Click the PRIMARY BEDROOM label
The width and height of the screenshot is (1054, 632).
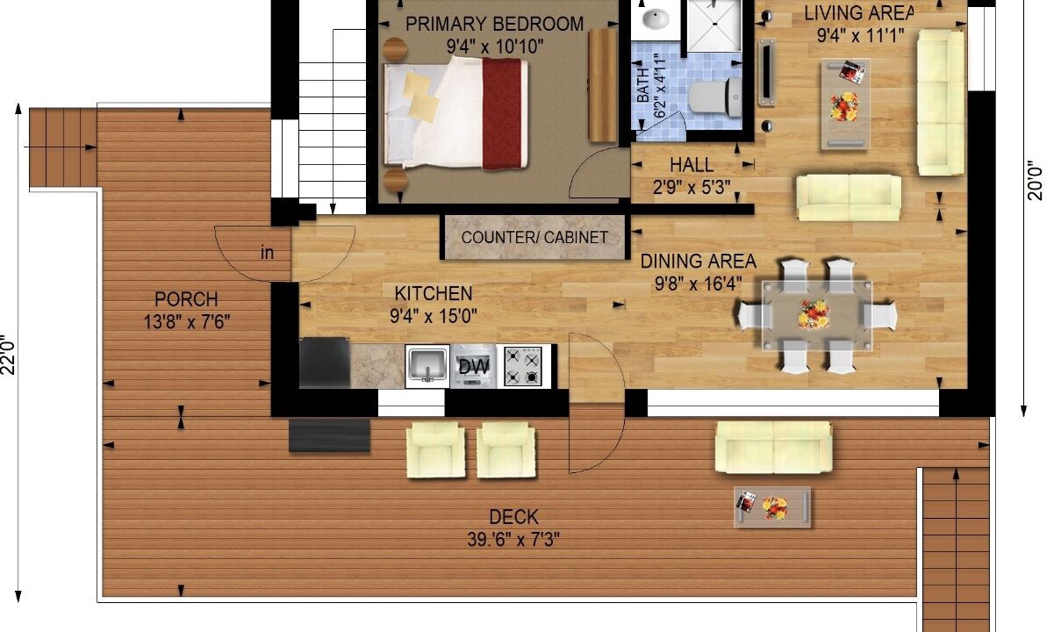(x=495, y=24)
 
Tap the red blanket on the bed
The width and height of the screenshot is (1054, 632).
(x=503, y=113)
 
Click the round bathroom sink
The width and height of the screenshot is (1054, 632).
(x=656, y=19)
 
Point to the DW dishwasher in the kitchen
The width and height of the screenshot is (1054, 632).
(x=473, y=366)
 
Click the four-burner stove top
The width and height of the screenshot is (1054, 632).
(x=523, y=366)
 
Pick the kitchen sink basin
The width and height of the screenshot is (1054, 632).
(x=427, y=365)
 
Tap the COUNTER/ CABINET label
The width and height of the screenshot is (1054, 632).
(x=534, y=237)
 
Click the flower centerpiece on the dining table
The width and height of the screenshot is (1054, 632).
(x=814, y=314)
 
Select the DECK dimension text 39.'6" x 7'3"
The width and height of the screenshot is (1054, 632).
(x=513, y=539)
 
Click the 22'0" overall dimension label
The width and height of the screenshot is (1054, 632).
(x=9, y=355)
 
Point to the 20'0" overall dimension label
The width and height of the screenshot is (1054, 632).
(x=1036, y=180)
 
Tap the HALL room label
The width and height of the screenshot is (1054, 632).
(x=692, y=165)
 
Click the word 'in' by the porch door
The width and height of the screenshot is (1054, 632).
(x=267, y=253)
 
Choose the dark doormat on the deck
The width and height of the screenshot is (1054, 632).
(x=329, y=435)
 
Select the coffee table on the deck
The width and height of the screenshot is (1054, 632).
(x=772, y=506)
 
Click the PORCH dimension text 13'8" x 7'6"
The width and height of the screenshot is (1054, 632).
(x=187, y=322)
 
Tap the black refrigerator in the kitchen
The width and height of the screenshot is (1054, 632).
(x=325, y=363)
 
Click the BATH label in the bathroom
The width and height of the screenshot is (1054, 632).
(x=642, y=86)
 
